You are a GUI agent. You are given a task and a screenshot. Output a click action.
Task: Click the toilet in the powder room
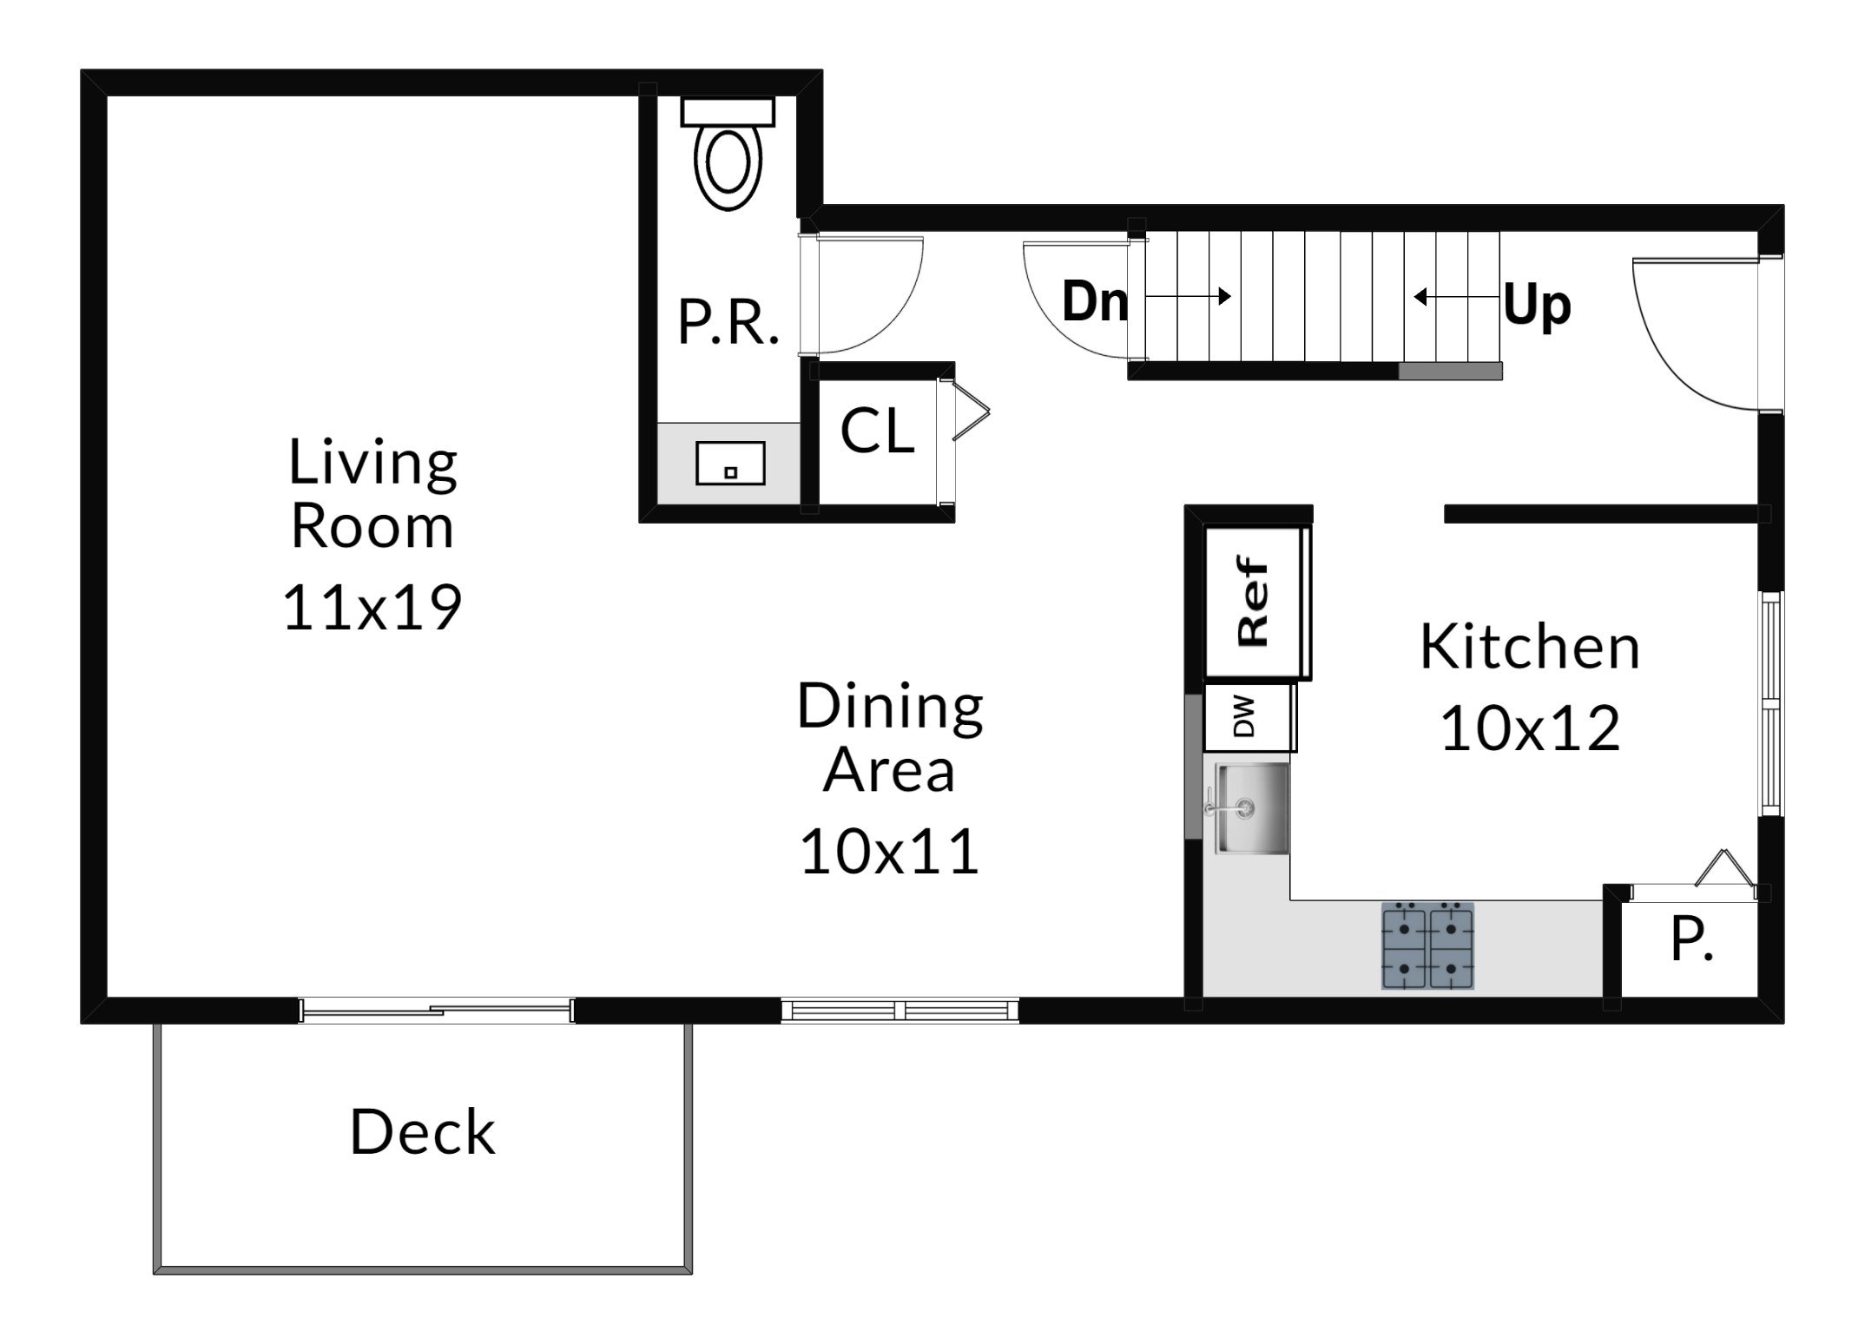pyautogui.click(x=728, y=154)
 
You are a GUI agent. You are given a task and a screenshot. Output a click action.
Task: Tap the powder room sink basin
pyautogui.click(x=730, y=463)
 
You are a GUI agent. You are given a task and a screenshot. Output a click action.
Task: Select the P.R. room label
pyautogui.click(x=728, y=323)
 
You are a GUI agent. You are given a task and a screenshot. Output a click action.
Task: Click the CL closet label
pyautogui.click(x=877, y=431)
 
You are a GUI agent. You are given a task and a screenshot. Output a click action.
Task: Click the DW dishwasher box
pyautogui.click(x=1249, y=717)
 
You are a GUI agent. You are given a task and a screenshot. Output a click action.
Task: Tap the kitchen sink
pyautogui.click(x=1252, y=808)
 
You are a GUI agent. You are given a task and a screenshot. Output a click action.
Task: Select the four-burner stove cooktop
pyautogui.click(x=1427, y=945)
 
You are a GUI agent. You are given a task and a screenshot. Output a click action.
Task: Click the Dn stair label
pyautogui.click(x=1096, y=301)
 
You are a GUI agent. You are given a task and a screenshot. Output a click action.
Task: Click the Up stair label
pyautogui.click(x=1537, y=306)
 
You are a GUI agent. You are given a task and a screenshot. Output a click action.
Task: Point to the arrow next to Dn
pyautogui.click(x=1189, y=296)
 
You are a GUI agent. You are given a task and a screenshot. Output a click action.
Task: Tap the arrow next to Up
pyautogui.click(x=1458, y=297)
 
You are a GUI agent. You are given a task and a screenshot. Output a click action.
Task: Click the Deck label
pyautogui.click(x=423, y=1132)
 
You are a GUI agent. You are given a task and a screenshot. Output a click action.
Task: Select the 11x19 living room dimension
pyautogui.click(x=372, y=607)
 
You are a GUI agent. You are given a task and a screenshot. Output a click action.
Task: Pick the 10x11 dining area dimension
pyautogui.click(x=889, y=851)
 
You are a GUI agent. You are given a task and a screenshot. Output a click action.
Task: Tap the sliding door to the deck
pyautogui.click(x=436, y=1010)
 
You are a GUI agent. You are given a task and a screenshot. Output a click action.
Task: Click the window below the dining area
pyautogui.click(x=900, y=1010)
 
